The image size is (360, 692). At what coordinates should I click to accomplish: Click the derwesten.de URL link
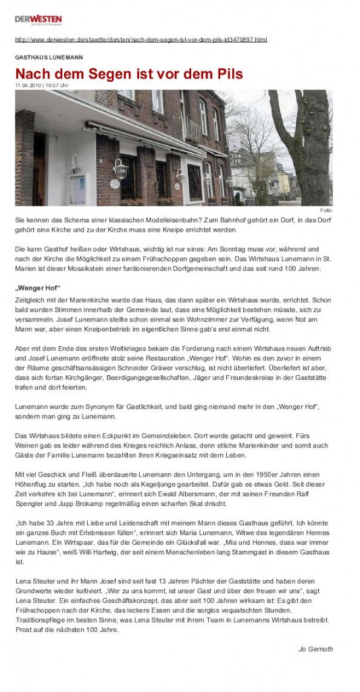tap(140, 40)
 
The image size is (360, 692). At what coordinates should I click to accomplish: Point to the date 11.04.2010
tap(27, 86)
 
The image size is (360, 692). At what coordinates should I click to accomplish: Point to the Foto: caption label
tap(326, 210)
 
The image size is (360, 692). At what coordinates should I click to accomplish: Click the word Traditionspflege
tap(44, 620)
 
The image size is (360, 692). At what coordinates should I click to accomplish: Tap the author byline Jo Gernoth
tap(315, 649)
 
